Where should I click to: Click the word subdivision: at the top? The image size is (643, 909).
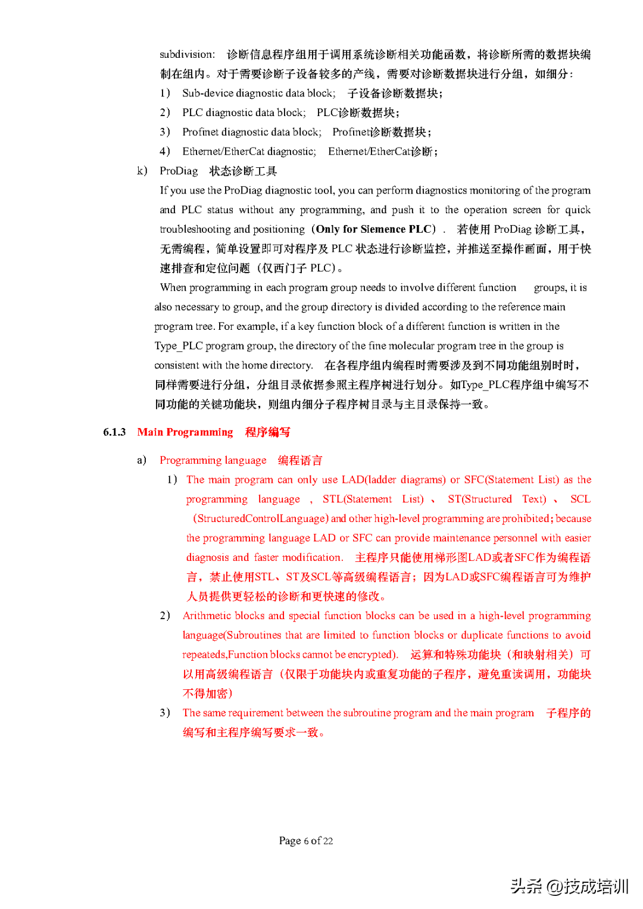[187, 55]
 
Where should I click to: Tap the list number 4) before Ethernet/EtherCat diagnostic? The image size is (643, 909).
[165, 152]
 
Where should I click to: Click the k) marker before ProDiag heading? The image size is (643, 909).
[142, 171]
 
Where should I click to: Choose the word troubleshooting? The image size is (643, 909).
[195, 230]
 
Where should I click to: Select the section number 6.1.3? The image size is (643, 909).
[114, 432]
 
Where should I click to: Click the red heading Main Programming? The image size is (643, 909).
[185, 432]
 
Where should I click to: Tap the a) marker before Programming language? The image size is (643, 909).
[142, 460]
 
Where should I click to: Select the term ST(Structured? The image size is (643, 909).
[480, 499]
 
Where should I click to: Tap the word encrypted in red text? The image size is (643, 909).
[371, 655]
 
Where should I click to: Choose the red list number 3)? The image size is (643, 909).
[165, 713]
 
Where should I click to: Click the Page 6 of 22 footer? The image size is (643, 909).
[306, 841]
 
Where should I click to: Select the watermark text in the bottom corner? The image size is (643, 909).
[569, 886]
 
